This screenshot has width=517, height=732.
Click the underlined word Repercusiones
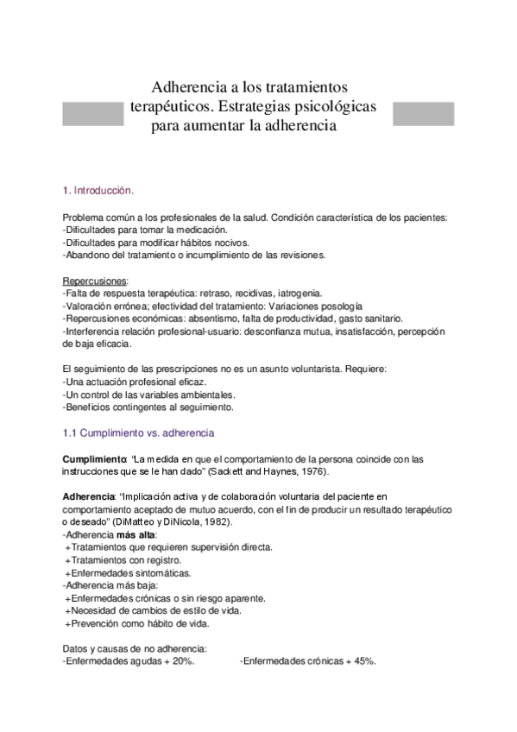[95, 281]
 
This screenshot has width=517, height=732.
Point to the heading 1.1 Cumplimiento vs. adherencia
[138, 432]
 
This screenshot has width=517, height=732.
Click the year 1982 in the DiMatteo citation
[222, 522]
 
